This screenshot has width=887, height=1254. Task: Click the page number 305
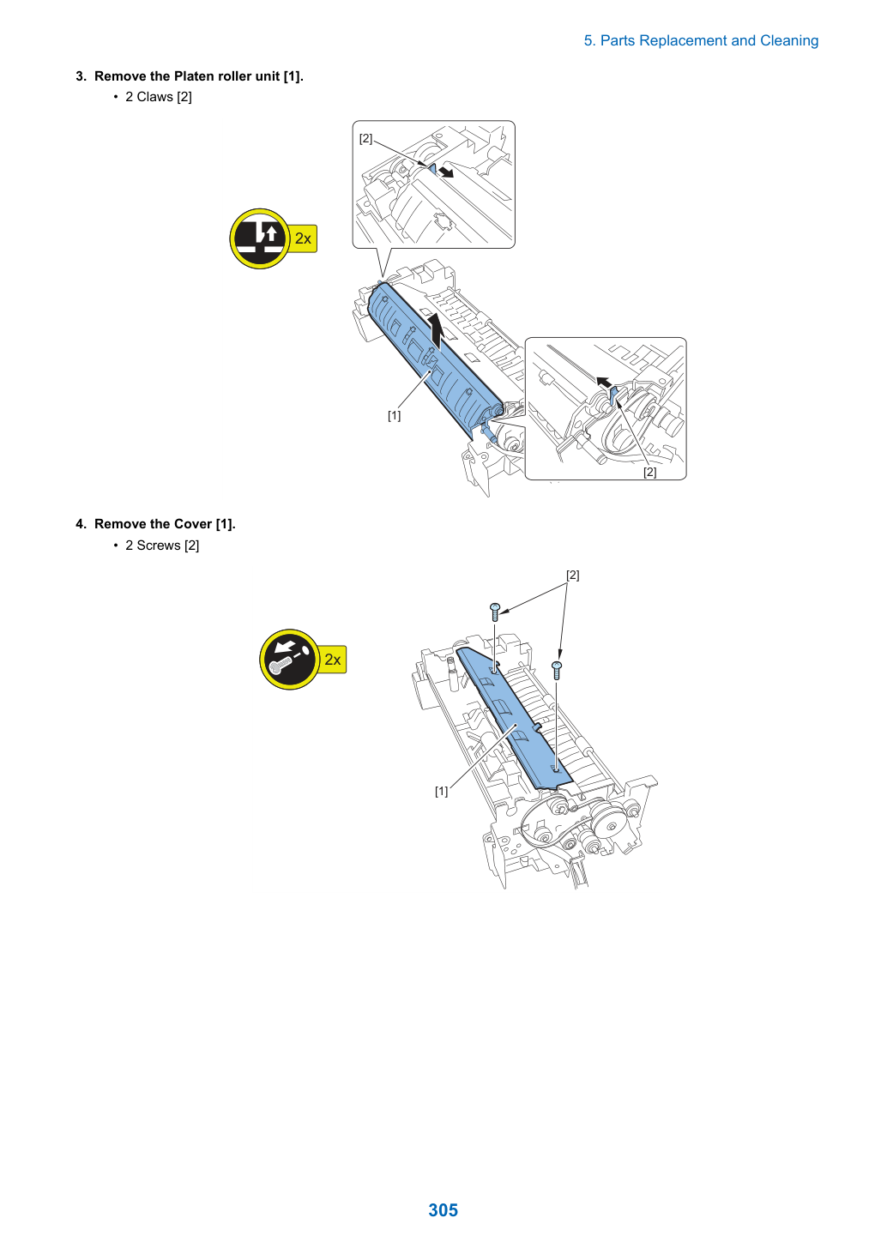click(x=443, y=1209)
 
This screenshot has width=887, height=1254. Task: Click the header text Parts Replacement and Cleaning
click(x=709, y=40)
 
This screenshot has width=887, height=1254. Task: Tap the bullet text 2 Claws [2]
click(x=159, y=97)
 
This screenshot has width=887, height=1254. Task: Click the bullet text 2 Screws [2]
click(x=162, y=546)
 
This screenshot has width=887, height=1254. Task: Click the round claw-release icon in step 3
click(x=259, y=238)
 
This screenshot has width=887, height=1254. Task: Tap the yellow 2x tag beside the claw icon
click(x=303, y=238)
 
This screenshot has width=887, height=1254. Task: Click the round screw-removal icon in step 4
click(x=289, y=659)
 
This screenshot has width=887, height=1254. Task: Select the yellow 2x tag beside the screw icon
click(x=333, y=660)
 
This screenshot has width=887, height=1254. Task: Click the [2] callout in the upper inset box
click(x=365, y=138)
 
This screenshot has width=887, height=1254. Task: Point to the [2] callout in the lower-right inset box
click(x=649, y=472)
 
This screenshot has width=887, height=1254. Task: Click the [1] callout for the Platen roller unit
click(x=395, y=415)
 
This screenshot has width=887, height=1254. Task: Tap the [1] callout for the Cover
click(x=441, y=791)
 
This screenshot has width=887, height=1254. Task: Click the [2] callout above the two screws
click(x=572, y=575)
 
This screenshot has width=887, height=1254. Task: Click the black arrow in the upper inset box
click(x=446, y=172)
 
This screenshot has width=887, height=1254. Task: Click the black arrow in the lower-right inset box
click(x=604, y=383)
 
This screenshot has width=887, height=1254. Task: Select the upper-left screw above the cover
click(x=495, y=612)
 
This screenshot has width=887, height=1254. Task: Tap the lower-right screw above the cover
click(x=557, y=670)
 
